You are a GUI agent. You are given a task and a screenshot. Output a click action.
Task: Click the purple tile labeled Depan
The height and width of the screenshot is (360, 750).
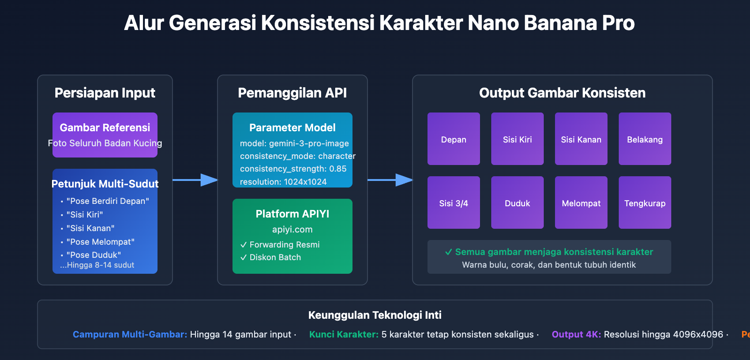click(453, 139)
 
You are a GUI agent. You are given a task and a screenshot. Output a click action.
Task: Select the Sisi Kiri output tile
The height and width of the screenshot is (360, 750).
click(517, 139)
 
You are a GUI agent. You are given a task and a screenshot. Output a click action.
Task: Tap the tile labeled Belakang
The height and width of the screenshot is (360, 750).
click(645, 139)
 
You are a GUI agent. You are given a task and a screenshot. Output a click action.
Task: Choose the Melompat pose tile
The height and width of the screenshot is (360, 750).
click(581, 202)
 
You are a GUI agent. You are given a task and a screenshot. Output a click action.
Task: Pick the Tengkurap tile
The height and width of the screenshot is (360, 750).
click(645, 202)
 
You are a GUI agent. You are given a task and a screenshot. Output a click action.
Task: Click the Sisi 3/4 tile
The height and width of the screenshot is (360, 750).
click(453, 202)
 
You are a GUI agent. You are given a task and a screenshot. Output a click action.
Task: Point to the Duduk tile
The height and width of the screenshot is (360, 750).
click(517, 202)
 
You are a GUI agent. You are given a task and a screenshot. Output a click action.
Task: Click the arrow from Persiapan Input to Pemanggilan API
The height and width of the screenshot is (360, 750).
click(195, 180)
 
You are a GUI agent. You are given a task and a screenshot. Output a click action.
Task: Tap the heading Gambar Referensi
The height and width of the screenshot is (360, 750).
click(105, 127)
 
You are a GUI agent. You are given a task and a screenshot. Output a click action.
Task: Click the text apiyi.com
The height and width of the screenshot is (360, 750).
click(292, 229)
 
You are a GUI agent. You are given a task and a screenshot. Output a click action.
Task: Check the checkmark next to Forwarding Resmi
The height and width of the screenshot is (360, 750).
click(243, 245)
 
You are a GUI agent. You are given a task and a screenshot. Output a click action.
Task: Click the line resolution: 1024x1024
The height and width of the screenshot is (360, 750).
click(283, 181)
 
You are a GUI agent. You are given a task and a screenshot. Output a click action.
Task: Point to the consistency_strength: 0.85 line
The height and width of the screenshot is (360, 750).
click(293, 169)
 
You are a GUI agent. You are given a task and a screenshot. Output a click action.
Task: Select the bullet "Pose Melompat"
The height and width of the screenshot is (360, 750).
click(100, 242)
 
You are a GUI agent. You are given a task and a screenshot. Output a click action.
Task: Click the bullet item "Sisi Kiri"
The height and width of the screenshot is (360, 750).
click(84, 215)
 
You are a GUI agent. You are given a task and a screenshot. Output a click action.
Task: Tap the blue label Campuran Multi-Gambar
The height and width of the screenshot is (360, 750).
click(130, 334)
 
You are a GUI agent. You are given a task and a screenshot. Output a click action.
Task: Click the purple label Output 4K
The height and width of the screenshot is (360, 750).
click(576, 334)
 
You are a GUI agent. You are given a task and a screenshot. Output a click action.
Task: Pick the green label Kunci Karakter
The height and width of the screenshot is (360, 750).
click(344, 334)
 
